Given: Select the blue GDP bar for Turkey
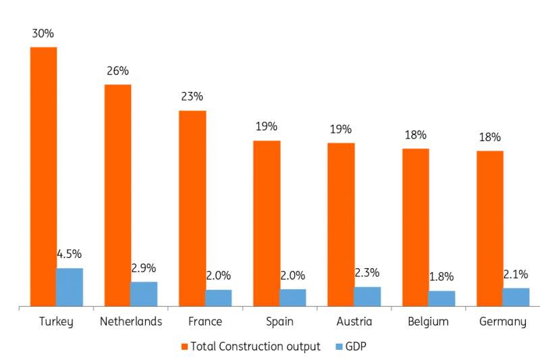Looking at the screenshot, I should [69, 288].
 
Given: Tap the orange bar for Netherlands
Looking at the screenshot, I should [117, 196].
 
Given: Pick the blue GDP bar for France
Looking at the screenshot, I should [218, 299].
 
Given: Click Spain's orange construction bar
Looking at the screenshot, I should [267, 224].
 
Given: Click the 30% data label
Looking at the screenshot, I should [43, 32].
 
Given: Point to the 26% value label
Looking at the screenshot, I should [117, 70].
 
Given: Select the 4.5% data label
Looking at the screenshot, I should [69, 254].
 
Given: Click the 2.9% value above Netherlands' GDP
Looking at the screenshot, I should [143, 268].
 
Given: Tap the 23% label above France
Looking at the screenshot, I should [192, 97].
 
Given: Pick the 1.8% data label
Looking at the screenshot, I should [441, 277].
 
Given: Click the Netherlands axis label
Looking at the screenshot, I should [131, 322].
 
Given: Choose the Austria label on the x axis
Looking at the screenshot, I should [354, 322].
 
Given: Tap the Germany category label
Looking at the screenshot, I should [503, 322].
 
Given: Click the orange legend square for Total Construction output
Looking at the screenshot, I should [184, 346].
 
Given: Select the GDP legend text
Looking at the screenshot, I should [357, 346].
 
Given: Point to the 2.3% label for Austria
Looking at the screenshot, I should [367, 273].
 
